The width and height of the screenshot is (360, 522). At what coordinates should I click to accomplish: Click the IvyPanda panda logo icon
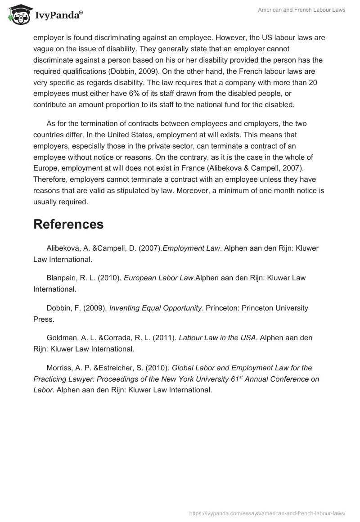(18, 15)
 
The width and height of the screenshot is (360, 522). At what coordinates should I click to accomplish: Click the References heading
(68, 224)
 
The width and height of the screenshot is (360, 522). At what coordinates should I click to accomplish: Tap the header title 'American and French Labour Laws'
(301, 10)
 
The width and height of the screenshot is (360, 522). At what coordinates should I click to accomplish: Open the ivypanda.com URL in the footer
(267, 512)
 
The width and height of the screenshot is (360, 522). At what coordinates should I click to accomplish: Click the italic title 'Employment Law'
(190, 248)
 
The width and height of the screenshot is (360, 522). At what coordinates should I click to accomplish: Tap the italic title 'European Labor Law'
(158, 278)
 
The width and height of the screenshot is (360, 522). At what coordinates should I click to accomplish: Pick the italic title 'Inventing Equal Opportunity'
(155, 308)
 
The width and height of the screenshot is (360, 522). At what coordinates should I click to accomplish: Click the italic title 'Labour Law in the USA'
(217, 337)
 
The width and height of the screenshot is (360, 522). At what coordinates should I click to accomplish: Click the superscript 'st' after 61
(240, 377)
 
